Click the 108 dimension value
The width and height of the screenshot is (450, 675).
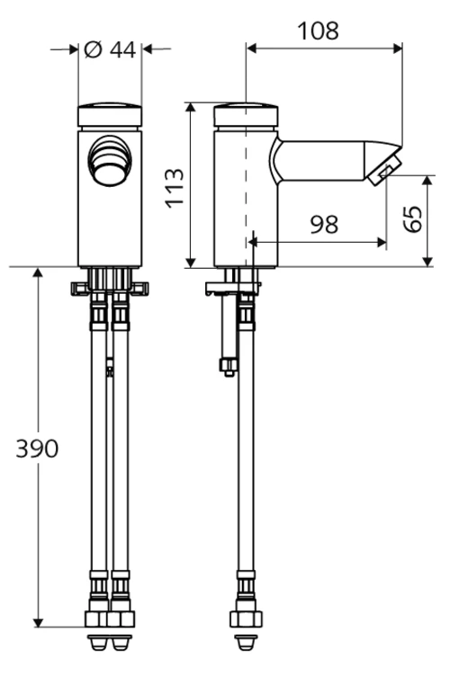[318, 31]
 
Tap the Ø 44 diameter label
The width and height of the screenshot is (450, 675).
[111, 49]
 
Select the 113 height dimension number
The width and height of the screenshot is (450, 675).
[175, 189]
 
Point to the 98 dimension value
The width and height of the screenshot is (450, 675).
[324, 225]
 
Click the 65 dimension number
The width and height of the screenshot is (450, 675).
[413, 219]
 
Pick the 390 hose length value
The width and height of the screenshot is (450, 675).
[37, 449]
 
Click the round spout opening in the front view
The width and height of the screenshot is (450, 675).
[110, 161]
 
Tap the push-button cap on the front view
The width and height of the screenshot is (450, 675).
[110, 115]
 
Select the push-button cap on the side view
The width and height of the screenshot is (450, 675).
[246, 115]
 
